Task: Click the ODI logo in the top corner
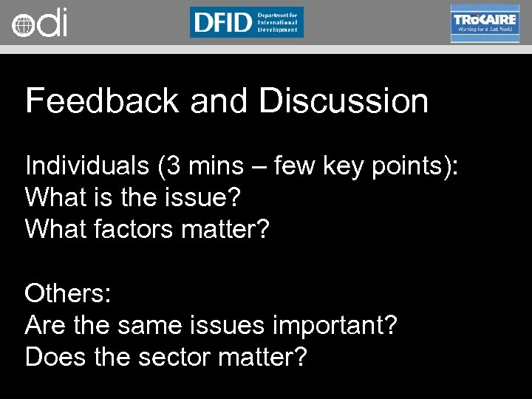pos(39,24)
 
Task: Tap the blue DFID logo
pos(246,22)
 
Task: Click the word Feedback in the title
pos(101,101)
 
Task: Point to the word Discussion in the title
pos(344,101)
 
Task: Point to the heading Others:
pos(68,293)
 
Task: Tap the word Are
pos(44,325)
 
